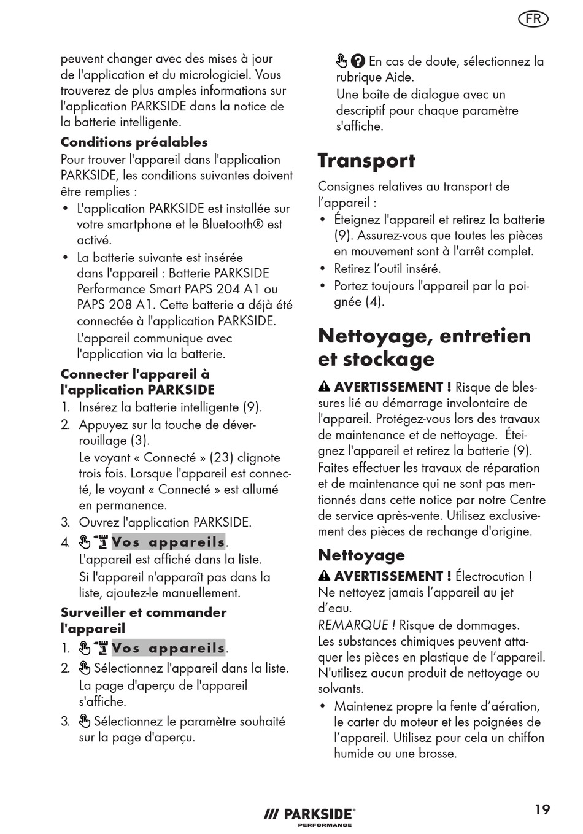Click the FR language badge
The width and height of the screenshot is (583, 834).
pyautogui.click(x=533, y=19)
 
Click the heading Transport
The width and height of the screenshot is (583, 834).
pyautogui.click(x=366, y=160)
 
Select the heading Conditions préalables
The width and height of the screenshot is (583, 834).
pyautogui.click(x=134, y=142)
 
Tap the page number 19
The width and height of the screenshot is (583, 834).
pyautogui.click(x=542, y=809)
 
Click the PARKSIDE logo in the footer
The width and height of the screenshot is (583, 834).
pyautogui.click(x=310, y=815)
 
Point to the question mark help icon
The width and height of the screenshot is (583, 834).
pyautogui.click(x=358, y=61)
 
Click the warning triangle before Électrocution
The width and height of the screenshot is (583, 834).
pyautogui.click(x=324, y=576)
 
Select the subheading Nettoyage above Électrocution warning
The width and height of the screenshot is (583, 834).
pyautogui.click(x=361, y=555)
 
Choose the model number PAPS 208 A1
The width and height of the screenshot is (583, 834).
pyautogui.click(x=113, y=305)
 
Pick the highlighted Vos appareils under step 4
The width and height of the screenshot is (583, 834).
pyautogui.click(x=168, y=542)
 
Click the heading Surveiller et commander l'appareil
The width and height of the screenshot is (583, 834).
pyautogui.click(x=143, y=620)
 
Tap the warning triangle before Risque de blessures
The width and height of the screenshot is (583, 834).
pyautogui.click(x=324, y=387)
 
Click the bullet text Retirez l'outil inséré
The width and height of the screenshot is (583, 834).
pyautogui.click(x=387, y=268)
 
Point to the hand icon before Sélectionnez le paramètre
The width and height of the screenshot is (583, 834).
pyautogui.click(x=85, y=722)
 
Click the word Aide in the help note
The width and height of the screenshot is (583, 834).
pyautogui.click(x=400, y=77)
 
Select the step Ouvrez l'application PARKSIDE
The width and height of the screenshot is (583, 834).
pyautogui.click(x=164, y=522)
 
